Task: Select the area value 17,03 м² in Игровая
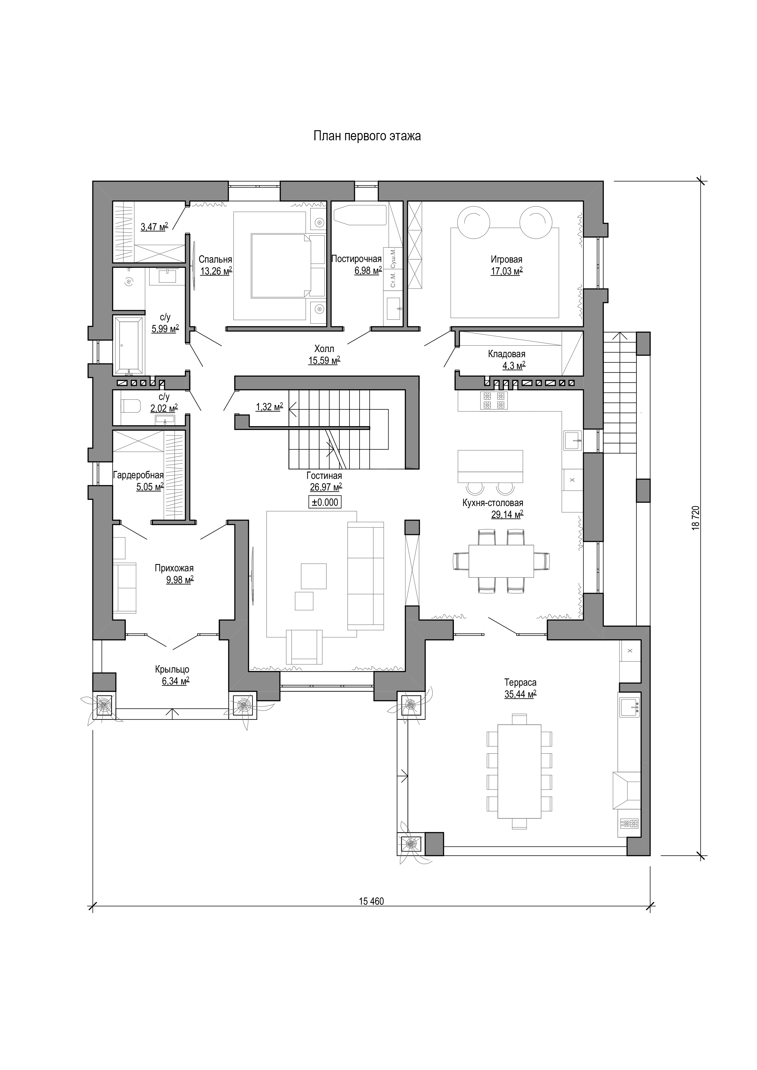pyautogui.click(x=506, y=271)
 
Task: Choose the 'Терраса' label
pyautogui.click(x=520, y=683)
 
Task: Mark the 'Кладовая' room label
pyautogui.click(x=506, y=354)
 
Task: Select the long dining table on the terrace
pyautogui.click(x=519, y=772)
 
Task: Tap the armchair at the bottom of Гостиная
pyautogui.click(x=304, y=646)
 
